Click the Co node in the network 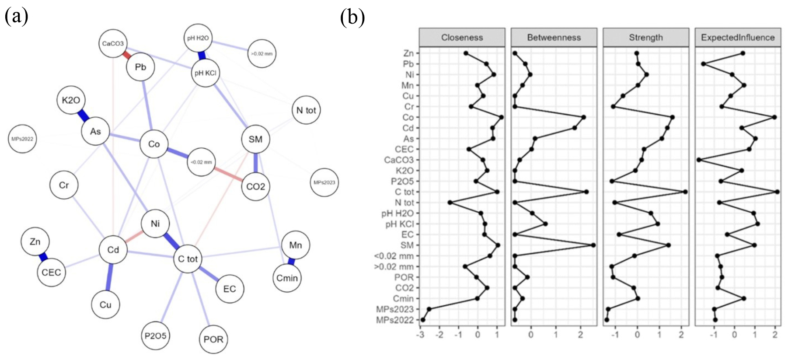(x=154, y=144)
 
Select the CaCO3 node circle (x=113, y=43)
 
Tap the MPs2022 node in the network (x=22, y=139)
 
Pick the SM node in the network (x=255, y=139)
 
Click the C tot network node (x=188, y=259)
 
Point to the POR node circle (x=213, y=339)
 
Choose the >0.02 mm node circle (x=262, y=54)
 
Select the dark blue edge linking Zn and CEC (x=43, y=257)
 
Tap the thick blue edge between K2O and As (x=83, y=115)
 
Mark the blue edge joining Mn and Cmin (x=291, y=262)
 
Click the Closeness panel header (x=462, y=38)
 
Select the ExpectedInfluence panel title (x=738, y=38)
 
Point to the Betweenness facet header (x=554, y=38)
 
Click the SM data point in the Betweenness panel (x=593, y=245)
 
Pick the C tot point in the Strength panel (x=685, y=192)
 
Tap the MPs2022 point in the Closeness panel (x=423, y=320)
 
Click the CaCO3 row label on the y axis (x=398, y=160)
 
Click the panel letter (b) (x=352, y=17)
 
